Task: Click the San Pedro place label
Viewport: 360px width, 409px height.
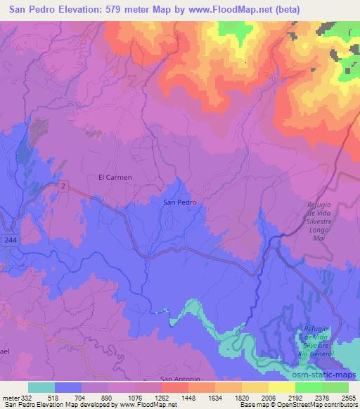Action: pyautogui.click(x=179, y=202)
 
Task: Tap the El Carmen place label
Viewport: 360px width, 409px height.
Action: pyautogui.click(x=115, y=177)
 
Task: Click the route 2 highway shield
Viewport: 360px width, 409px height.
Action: pyautogui.click(x=64, y=186)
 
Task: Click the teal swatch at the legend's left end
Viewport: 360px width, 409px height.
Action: pyautogui.click(x=41, y=387)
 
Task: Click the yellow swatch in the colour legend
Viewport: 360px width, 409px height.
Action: pyautogui.click(x=281, y=387)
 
